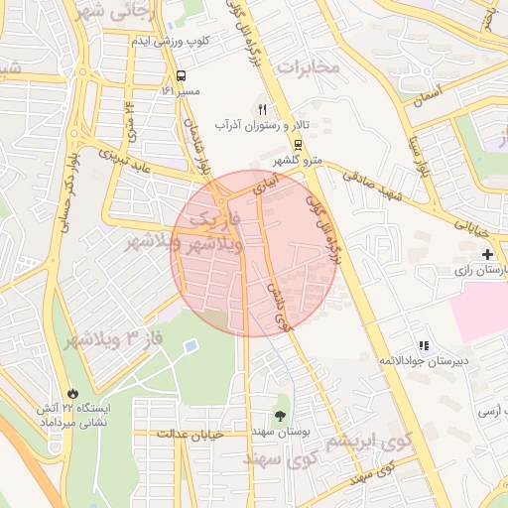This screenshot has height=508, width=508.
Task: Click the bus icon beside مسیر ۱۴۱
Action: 182,75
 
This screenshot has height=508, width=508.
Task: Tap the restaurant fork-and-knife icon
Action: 262,110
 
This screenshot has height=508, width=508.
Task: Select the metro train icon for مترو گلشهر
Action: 300,145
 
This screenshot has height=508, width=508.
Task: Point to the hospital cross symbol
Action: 486,255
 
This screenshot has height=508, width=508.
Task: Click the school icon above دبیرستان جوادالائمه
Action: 424,346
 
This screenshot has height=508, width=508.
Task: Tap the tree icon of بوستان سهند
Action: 281,417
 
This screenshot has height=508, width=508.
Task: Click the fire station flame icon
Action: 73,392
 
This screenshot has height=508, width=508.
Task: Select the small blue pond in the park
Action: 190,346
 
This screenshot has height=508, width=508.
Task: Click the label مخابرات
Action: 308,66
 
